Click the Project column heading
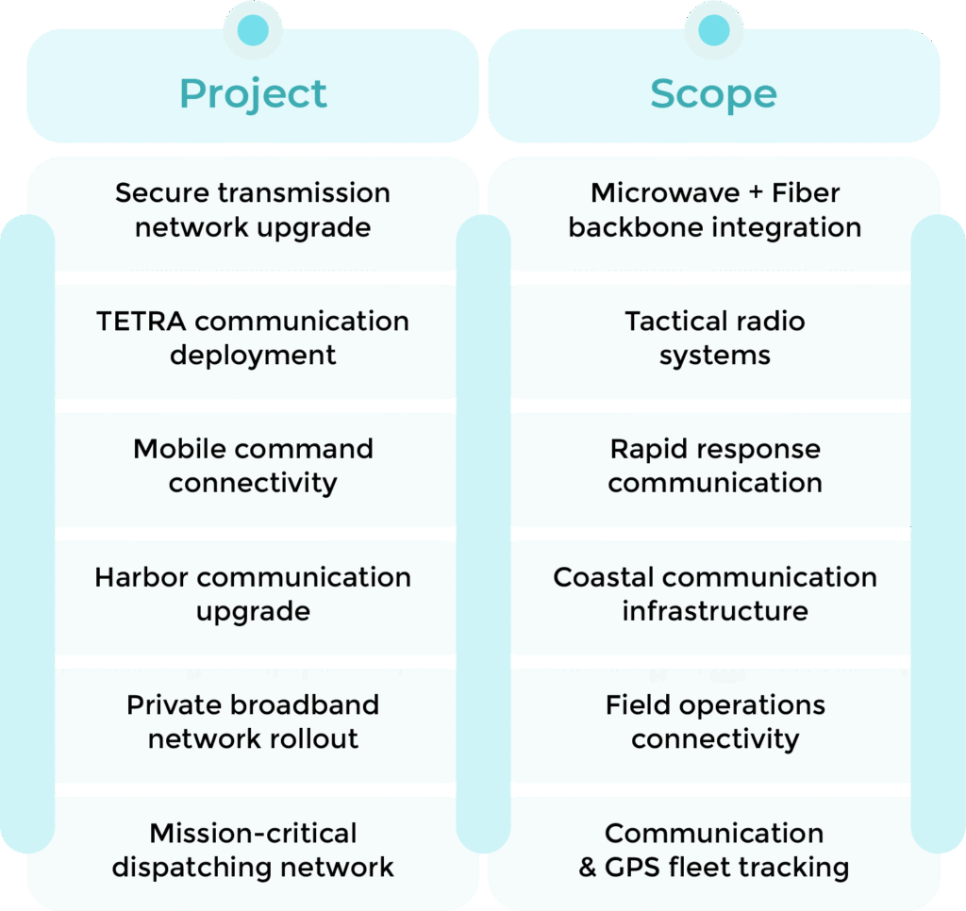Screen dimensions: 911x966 pyautogui.click(x=253, y=94)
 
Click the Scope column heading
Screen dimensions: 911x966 pyautogui.click(x=713, y=94)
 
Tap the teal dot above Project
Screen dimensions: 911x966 pyautogui.click(x=253, y=30)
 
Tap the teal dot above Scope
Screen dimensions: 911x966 pyautogui.click(x=713, y=30)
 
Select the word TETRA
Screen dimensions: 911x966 pyautogui.click(x=142, y=321)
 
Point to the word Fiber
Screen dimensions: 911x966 pyautogui.click(x=806, y=192)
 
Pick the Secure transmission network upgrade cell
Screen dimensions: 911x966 pyautogui.click(x=253, y=210)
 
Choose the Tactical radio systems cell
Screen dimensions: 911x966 pyautogui.click(x=714, y=338)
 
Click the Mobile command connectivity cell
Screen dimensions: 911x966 pyautogui.click(x=253, y=466)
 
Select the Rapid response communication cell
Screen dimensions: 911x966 pyautogui.click(x=714, y=466)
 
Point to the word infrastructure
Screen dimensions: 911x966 pyautogui.click(x=714, y=611)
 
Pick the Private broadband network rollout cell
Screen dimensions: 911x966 pyautogui.click(x=253, y=722)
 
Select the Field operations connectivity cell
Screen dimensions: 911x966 pyautogui.click(x=714, y=722)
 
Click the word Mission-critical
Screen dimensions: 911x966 pyautogui.click(x=253, y=834)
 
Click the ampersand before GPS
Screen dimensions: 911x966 pyautogui.click(x=588, y=868)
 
